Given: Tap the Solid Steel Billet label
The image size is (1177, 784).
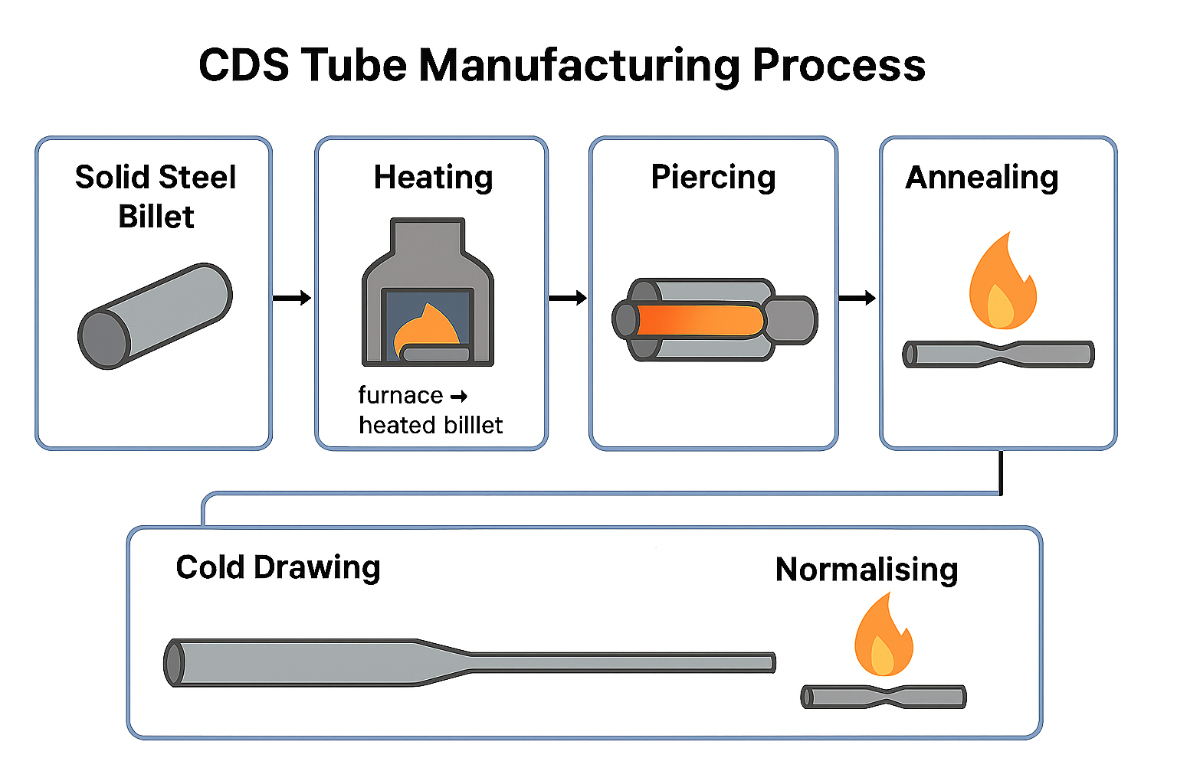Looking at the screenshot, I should pyautogui.click(x=156, y=197).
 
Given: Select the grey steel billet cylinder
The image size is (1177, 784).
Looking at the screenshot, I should pyautogui.click(x=155, y=315).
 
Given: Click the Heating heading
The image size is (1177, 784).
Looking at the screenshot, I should pyautogui.click(x=433, y=178).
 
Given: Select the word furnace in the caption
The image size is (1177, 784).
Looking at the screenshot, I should pyautogui.click(x=400, y=395).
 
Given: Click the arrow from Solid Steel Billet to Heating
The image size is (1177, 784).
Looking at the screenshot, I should pyautogui.click(x=292, y=298).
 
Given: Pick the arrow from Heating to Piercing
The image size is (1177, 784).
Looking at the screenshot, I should pyautogui.click(x=568, y=298).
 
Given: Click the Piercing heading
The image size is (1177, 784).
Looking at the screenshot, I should pyautogui.click(x=713, y=178).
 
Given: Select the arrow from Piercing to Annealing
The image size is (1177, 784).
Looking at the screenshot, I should pyautogui.click(x=857, y=298).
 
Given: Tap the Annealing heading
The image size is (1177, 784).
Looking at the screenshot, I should pyautogui.click(x=982, y=178).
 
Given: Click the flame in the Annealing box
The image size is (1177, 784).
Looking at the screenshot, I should pyautogui.click(x=1002, y=283).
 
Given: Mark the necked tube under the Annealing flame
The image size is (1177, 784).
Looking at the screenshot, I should pyautogui.click(x=998, y=354).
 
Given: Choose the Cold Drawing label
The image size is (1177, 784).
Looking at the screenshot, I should pyautogui.click(x=277, y=568).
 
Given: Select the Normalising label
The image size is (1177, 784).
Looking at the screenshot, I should pyautogui.click(x=867, y=570).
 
